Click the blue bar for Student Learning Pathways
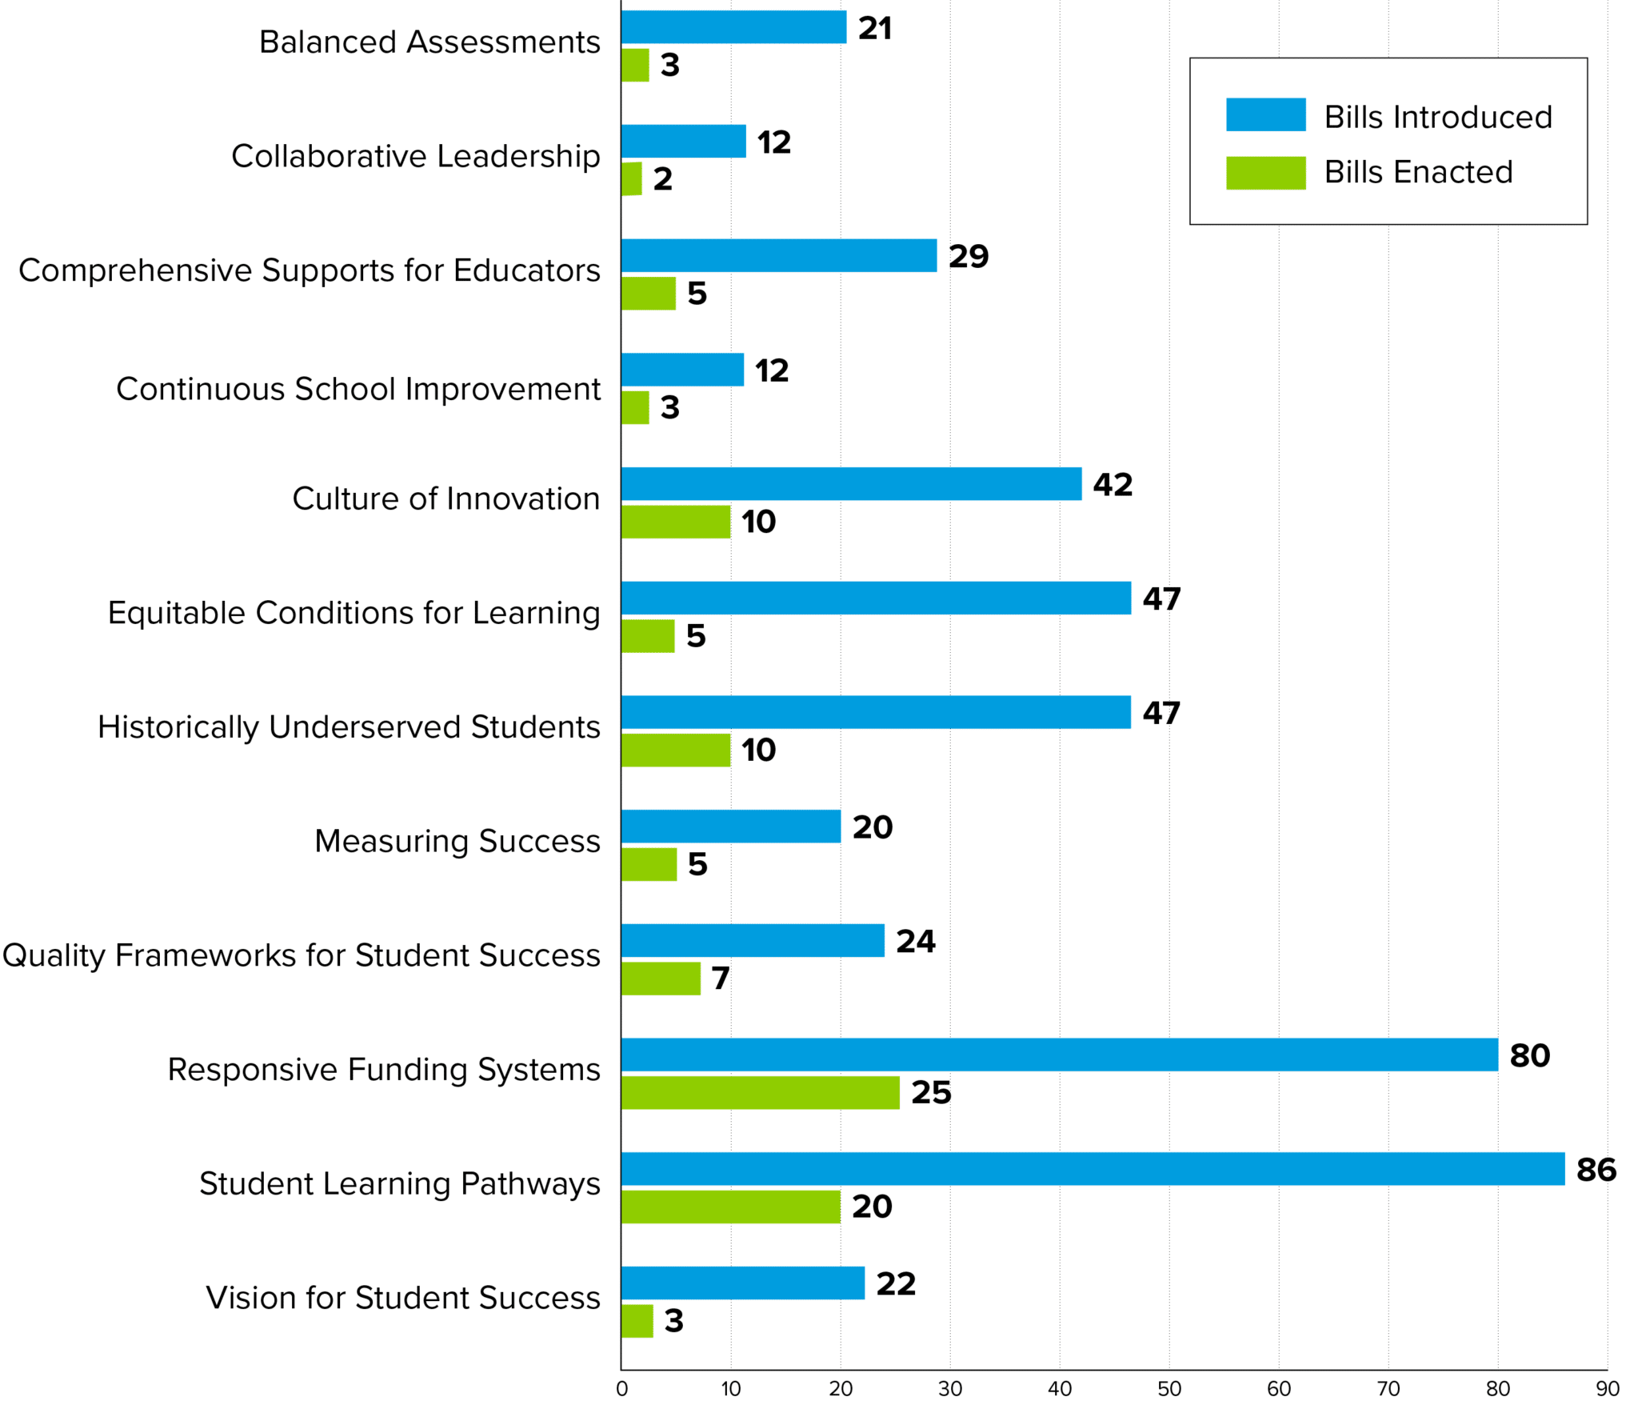1092,1168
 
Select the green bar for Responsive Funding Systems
760,1092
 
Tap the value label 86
1596,1170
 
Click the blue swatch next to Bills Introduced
1265,114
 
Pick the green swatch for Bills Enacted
1265,173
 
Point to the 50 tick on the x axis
1169,1389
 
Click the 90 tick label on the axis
1607,1389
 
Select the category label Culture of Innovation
445,498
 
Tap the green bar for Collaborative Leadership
631,178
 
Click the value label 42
1113,485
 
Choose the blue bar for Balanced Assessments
733,27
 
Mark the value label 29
969,257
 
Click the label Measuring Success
457,841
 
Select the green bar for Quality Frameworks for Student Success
661,978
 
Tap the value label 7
720,978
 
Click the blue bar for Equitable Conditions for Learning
876,598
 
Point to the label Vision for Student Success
402,1298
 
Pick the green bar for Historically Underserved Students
675,750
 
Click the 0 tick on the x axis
621,1389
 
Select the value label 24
915,941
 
